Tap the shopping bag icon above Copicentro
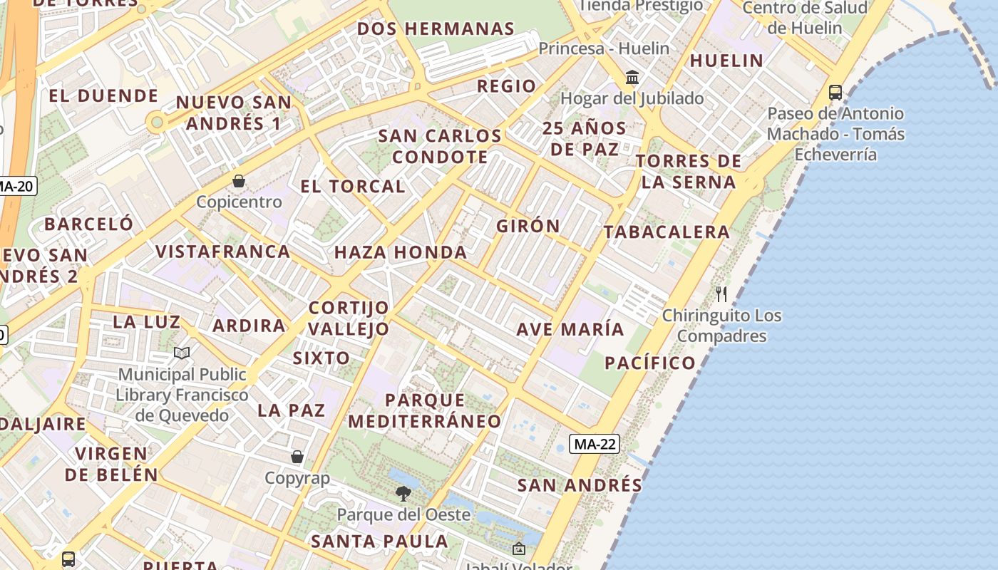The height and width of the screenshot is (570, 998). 239,182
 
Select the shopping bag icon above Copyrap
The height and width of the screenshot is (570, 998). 297,457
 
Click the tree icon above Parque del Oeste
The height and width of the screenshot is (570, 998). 403,493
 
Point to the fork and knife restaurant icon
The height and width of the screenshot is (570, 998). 721,294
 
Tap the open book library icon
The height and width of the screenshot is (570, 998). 182,353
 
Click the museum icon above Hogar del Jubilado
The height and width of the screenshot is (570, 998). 632,77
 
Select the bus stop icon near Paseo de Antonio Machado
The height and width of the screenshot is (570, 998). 835,93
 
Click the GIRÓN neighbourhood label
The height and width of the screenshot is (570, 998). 528,226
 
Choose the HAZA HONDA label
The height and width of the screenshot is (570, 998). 401,252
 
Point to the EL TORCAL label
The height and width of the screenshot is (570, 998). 353,187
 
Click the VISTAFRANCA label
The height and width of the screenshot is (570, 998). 223,252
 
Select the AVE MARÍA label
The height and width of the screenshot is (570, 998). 570,329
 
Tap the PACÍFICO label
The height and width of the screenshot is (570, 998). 650,363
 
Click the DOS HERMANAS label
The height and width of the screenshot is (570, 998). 436,29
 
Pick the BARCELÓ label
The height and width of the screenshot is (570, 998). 88,224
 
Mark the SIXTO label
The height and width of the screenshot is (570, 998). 321,358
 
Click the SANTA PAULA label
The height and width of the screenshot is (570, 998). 380,541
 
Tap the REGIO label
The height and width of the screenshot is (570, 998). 507,86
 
